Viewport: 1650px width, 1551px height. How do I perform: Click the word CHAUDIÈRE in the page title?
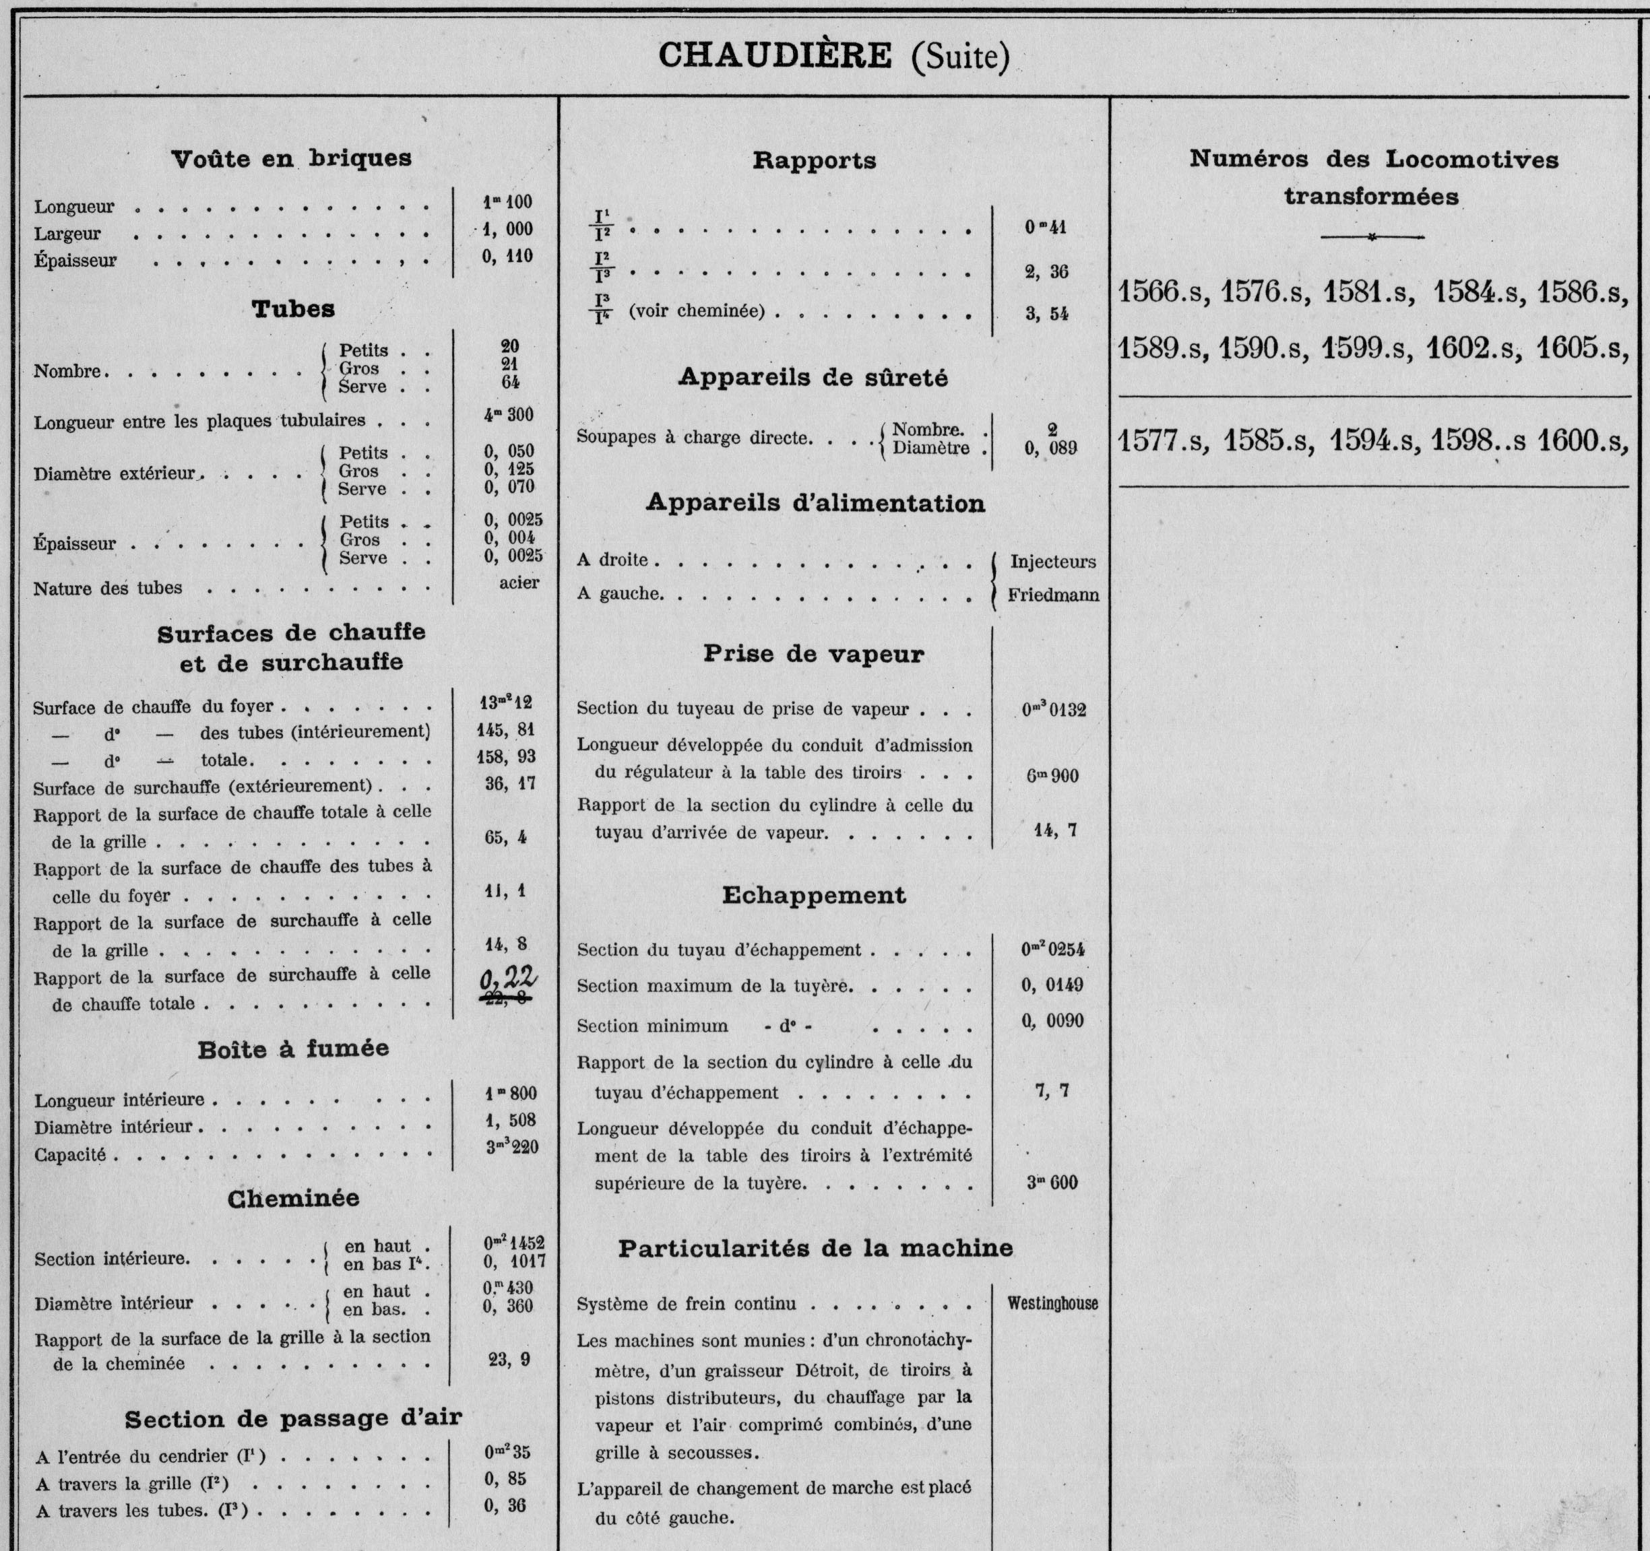(x=774, y=56)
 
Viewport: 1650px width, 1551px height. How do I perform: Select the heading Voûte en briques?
(x=291, y=158)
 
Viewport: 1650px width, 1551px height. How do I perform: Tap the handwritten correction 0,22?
(x=509, y=980)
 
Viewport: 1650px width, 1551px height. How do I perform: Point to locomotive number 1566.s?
(x=1160, y=292)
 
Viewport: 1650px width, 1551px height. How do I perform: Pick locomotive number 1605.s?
(x=1581, y=348)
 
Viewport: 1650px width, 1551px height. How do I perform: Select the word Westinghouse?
(x=1052, y=1303)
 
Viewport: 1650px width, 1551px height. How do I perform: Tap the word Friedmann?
(x=1053, y=595)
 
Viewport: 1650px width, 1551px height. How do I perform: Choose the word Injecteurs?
(x=1053, y=562)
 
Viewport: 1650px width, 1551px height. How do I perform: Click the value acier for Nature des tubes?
(x=519, y=583)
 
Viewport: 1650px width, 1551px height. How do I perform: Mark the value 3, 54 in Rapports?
(x=1046, y=314)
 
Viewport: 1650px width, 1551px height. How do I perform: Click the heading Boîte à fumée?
(x=293, y=1049)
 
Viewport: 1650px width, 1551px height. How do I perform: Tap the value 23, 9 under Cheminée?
(x=509, y=1359)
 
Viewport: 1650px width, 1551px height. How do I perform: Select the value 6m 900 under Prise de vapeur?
(x=1052, y=776)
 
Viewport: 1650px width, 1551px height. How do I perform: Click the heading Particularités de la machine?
(x=815, y=1248)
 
